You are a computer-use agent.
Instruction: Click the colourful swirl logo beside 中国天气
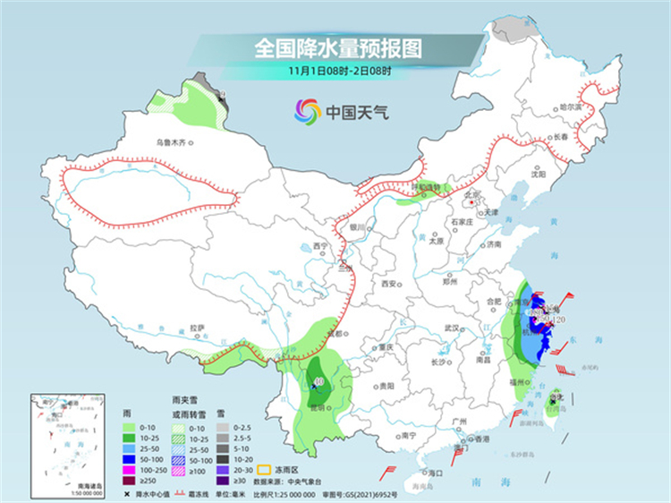click(x=307, y=112)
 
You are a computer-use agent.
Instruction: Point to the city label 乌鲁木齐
click(x=173, y=141)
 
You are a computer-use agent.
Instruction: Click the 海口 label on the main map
click(x=437, y=472)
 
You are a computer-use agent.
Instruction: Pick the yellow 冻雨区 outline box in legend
click(x=264, y=468)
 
